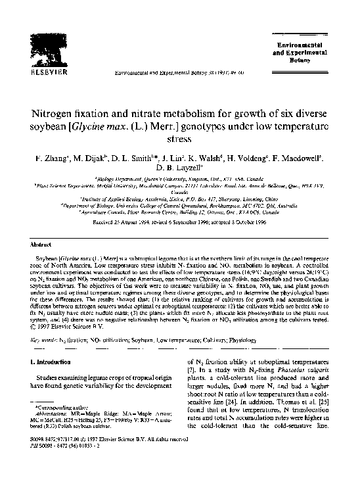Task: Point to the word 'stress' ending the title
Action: pyautogui.click(x=179, y=139)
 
